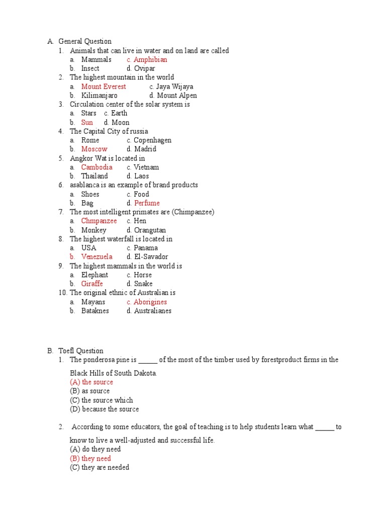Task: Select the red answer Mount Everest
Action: [104, 87]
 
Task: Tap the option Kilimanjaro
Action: [99, 96]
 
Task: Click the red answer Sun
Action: [87, 122]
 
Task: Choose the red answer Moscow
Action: [94, 149]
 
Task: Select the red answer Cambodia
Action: [96, 167]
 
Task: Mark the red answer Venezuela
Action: [96, 256]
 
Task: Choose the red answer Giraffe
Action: [92, 284]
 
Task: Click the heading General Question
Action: [85, 41]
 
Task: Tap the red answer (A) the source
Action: [91, 382]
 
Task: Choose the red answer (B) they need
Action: [90, 458]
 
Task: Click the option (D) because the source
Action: [105, 409]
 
